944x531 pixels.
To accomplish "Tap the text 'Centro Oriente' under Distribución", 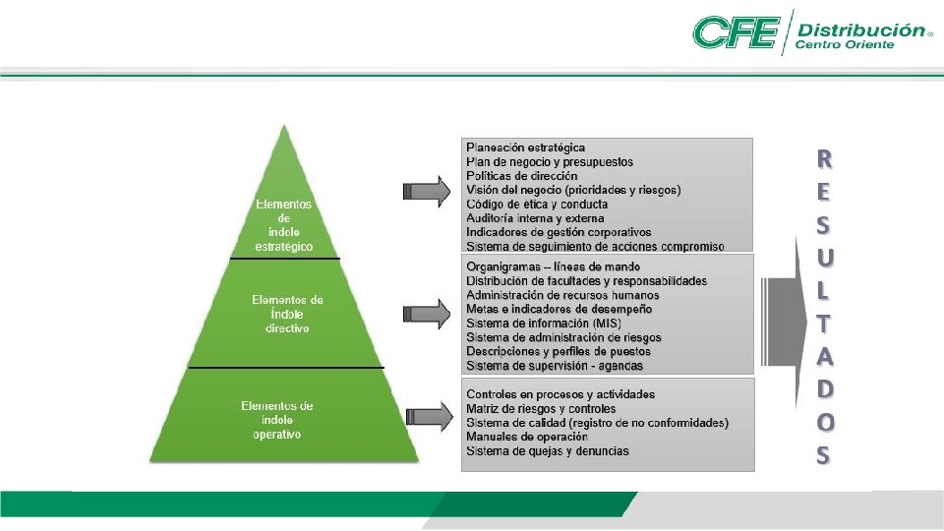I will pos(844,45).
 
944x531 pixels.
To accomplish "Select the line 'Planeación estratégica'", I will pos(525,147).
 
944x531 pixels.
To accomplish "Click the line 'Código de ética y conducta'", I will pos(537,204).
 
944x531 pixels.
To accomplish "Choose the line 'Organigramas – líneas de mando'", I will pos(553,266).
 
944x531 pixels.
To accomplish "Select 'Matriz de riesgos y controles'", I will pos(541,408).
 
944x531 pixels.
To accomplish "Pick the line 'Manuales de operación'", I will pos(526,437).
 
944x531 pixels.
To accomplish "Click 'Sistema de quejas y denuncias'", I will pos(547,451).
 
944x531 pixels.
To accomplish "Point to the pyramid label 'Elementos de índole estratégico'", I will pos(284,225).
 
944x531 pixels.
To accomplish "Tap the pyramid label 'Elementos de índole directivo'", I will pos(287,313).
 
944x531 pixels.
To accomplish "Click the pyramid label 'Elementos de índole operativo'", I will pos(277,419).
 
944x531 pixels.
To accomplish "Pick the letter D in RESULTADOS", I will pos(823,388).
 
